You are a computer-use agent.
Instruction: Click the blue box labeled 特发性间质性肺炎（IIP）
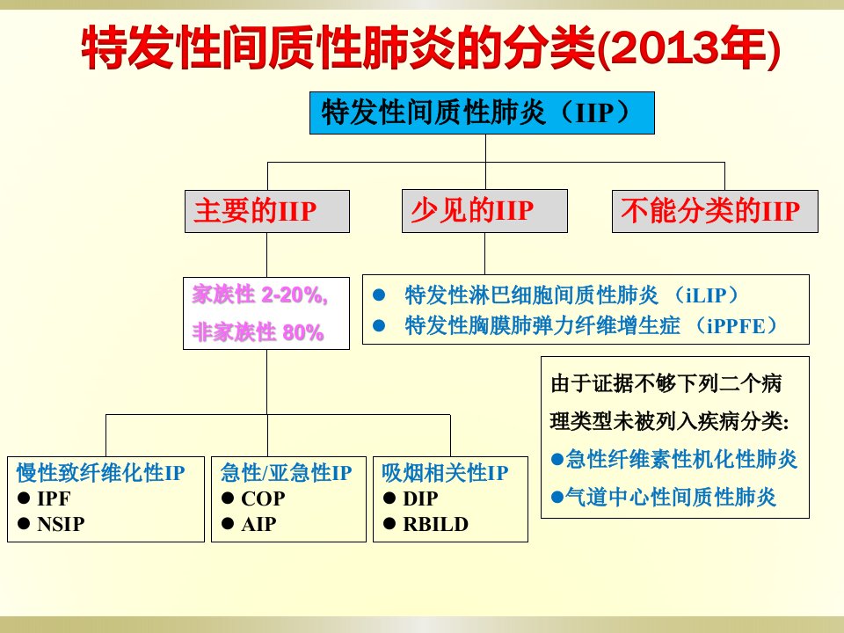[482, 113]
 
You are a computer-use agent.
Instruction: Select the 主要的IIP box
[267, 211]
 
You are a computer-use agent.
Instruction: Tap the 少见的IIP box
[484, 211]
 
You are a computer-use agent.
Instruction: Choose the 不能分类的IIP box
[715, 211]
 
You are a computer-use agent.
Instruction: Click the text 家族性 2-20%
[259, 295]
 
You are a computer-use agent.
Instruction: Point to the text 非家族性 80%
[258, 332]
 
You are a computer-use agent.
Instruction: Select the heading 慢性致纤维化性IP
[100, 473]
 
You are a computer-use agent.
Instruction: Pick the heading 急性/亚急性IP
[286, 473]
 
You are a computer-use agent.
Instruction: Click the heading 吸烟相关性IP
[445, 473]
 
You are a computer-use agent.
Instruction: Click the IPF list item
[54, 498]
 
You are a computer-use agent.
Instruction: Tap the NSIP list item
[61, 524]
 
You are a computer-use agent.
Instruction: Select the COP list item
[263, 498]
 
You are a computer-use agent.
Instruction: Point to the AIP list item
[258, 524]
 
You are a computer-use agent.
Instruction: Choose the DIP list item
[420, 498]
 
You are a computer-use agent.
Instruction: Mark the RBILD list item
[435, 524]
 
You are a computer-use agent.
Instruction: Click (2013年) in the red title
[689, 48]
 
